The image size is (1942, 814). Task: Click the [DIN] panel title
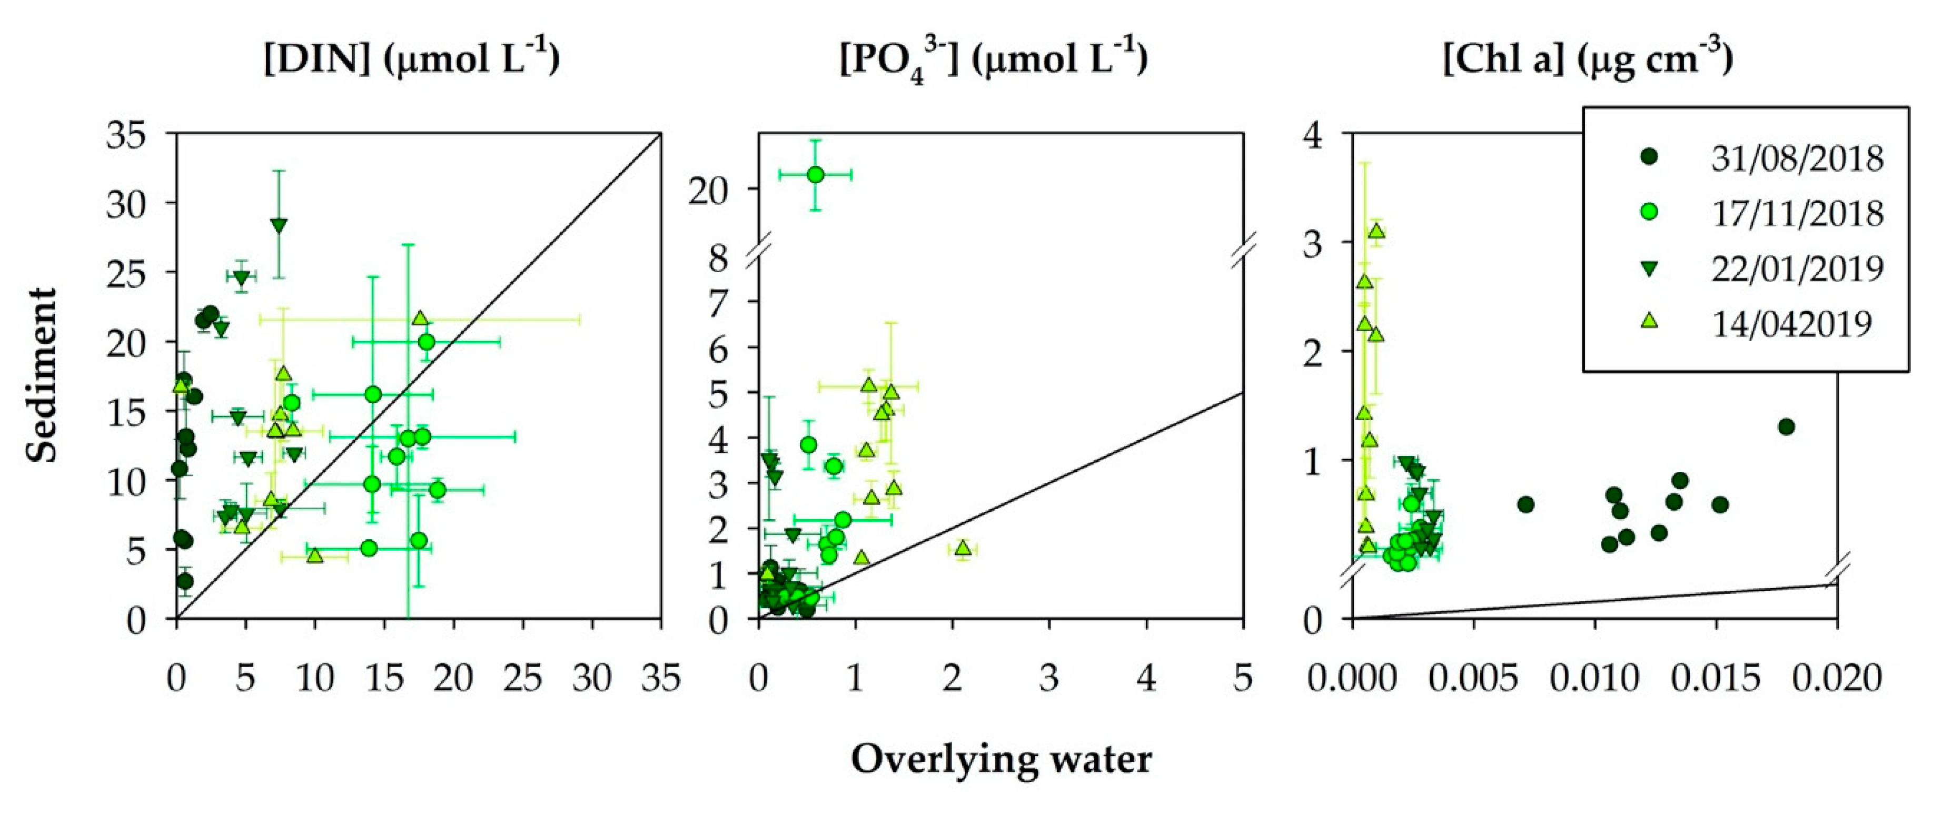point(412,59)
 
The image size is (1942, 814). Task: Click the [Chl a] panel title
point(1588,59)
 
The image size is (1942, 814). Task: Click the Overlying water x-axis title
point(1001,760)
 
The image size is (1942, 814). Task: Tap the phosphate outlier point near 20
point(815,175)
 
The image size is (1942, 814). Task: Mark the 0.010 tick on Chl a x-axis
point(1594,678)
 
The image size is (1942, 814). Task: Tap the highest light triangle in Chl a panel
point(1376,231)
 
